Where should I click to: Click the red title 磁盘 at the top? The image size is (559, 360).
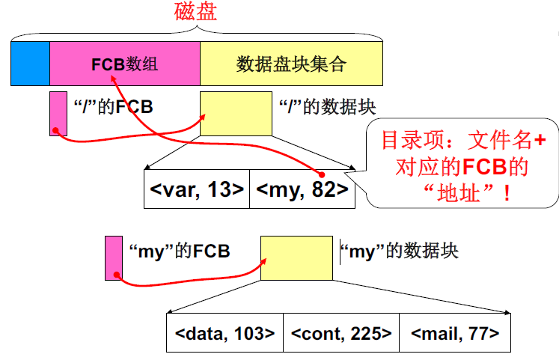point(196,12)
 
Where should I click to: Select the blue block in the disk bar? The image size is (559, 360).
point(30,64)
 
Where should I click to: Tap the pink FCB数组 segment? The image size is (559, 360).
point(124,64)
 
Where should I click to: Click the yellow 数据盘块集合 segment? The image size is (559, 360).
point(291,64)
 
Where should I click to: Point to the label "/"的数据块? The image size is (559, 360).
point(326,107)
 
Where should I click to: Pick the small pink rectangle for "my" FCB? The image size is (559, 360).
point(114,257)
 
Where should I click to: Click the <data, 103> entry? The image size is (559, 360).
point(225,333)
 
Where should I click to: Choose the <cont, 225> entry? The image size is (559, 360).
point(341,333)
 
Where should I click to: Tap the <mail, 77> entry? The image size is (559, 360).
point(455,333)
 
